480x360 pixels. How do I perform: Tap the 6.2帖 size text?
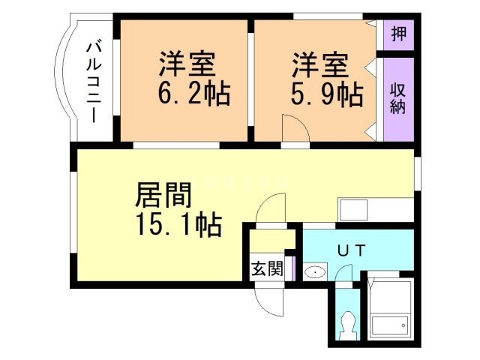193,95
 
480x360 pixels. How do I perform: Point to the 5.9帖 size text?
327,95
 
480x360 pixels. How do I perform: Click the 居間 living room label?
163,196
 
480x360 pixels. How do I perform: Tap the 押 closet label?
398,34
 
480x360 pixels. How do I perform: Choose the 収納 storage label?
398,97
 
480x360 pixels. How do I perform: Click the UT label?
349,251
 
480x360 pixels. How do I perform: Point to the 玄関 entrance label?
267,268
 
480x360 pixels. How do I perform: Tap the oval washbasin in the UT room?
316,272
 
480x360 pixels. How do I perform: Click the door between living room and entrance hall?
272,209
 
